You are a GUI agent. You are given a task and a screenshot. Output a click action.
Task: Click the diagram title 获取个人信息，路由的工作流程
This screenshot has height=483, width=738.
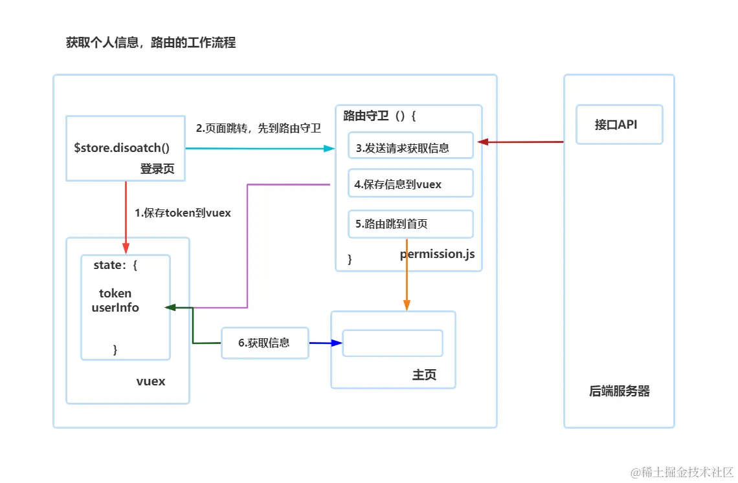(x=151, y=43)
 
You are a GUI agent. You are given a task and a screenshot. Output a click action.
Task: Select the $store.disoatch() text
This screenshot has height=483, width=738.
(x=122, y=147)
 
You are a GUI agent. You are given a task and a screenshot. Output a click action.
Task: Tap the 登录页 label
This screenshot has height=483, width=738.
(x=157, y=169)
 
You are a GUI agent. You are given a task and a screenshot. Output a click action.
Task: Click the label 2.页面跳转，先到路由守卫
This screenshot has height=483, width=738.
(x=258, y=128)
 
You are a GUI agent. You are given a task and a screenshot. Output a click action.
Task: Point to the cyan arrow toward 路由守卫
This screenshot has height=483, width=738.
(x=259, y=149)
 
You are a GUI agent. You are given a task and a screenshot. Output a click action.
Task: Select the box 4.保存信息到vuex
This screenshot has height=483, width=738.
(x=410, y=184)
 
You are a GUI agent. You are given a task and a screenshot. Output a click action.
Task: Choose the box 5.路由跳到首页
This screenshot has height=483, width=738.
(x=410, y=224)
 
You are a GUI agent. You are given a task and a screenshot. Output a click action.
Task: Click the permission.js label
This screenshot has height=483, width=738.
(x=437, y=254)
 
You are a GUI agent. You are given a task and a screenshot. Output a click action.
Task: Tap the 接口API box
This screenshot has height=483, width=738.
(x=619, y=125)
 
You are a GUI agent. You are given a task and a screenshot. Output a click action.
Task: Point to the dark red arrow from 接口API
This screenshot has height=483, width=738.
(x=521, y=142)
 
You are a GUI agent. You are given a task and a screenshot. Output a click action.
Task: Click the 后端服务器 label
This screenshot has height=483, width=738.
(x=619, y=391)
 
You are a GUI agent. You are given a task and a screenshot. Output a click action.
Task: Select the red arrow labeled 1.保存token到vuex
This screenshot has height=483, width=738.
(x=126, y=217)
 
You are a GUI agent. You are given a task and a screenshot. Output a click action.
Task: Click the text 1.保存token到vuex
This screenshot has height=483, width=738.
(x=183, y=213)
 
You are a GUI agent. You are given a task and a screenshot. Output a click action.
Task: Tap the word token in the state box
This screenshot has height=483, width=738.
(x=115, y=294)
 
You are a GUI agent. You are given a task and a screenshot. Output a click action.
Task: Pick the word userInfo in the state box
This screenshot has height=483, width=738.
(x=115, y=308)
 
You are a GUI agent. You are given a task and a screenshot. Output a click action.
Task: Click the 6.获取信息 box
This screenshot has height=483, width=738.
(x=265, y=343)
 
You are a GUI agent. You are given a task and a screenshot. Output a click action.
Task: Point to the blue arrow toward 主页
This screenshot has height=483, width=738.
(x=325, y=343)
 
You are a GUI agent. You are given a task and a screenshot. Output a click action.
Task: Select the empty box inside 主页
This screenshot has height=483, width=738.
(x=392, y=343)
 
